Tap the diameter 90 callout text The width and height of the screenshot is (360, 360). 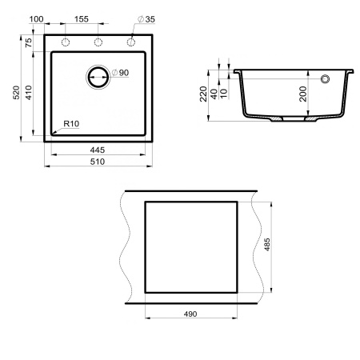[121, 74]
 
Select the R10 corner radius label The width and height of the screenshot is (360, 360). [70, 124]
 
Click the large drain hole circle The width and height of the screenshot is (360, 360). [98, 78]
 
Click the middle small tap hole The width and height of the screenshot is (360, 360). [98, 42]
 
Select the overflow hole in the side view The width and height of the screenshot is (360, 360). [326, 79]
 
